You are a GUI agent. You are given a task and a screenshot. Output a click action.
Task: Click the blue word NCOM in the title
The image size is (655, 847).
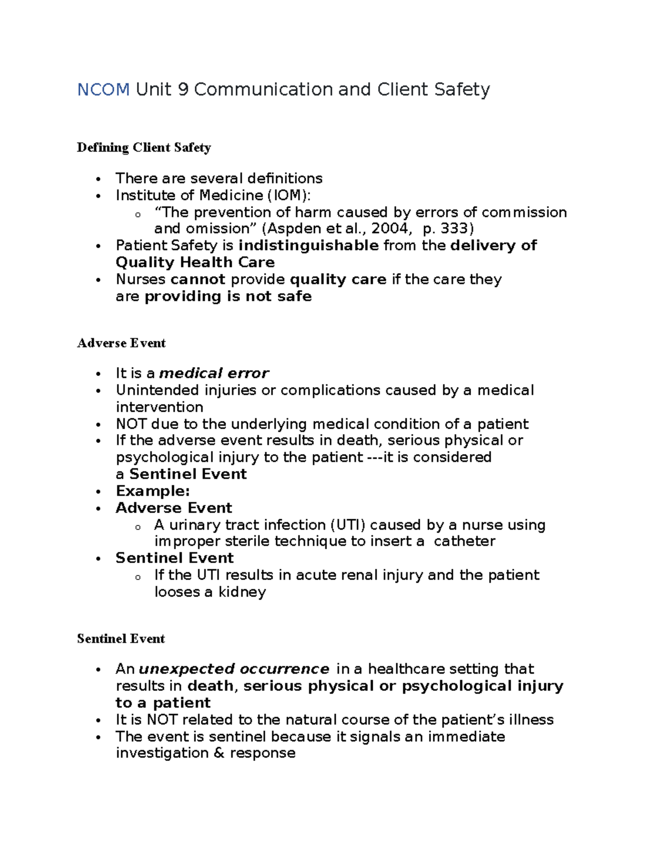point(103,89)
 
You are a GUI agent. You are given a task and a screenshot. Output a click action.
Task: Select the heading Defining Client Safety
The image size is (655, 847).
point(144,148)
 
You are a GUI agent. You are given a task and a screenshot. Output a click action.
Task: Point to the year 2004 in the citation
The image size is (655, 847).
point(389,229)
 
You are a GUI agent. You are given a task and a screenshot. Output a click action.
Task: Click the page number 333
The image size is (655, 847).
point(455,229)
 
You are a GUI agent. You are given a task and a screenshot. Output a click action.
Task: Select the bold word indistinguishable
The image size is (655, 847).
point(308,245)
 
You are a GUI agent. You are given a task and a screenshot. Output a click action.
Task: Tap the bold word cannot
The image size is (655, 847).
point(198,279)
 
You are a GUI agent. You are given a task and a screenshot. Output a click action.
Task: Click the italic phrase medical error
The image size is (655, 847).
point(213,373)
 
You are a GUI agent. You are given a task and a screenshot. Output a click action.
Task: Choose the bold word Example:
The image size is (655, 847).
point(153,491)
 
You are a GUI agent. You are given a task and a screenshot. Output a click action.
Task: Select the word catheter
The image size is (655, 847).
point(465,541)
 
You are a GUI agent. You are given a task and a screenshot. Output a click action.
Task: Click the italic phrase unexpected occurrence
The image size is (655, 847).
point(234,669)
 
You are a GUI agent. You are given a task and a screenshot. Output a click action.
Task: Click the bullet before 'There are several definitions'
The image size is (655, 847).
point(98,179)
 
